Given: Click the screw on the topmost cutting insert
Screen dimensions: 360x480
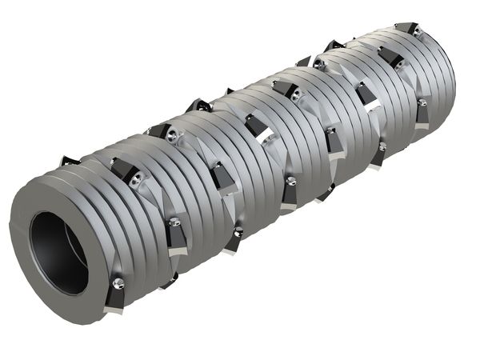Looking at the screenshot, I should point(415,30).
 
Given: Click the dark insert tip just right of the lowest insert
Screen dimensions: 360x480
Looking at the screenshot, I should point(169,281).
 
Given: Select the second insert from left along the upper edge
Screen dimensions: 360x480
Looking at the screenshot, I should point(158,130).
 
